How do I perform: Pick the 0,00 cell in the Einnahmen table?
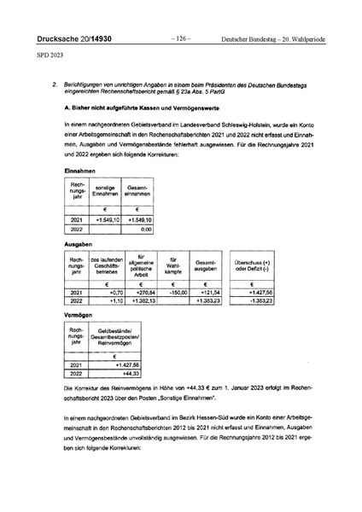coord(151,229)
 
